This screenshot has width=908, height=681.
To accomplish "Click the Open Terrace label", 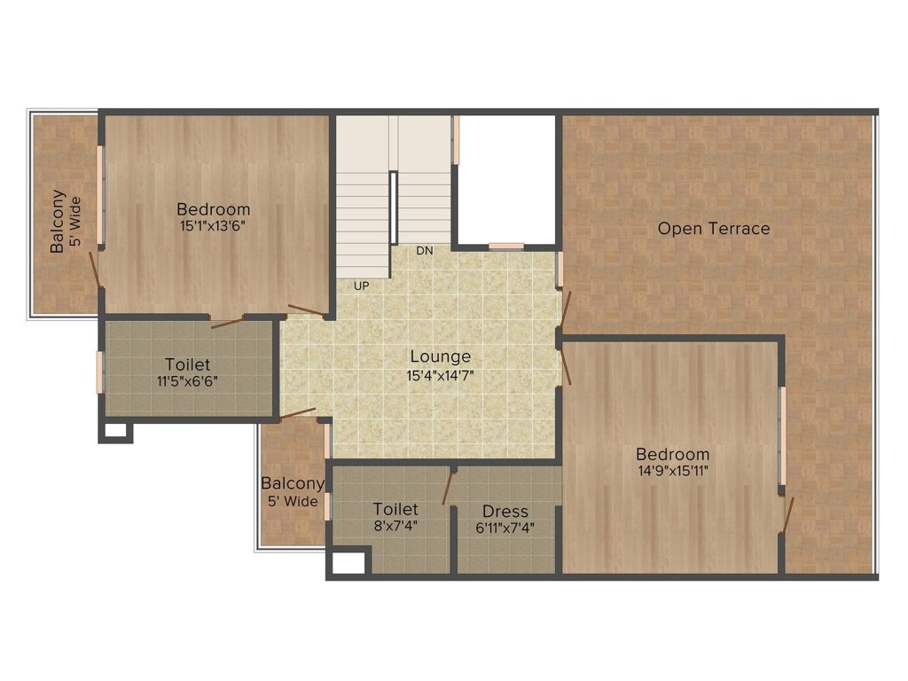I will [x=714, y=229].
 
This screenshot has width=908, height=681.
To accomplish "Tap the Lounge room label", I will [x=440, y=356].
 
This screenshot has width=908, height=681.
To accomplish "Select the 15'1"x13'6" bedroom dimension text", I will [x=213, y=225].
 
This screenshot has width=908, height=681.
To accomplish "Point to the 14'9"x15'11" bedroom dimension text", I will [x=672, y=470].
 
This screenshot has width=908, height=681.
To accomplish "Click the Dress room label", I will [x=505, y=512].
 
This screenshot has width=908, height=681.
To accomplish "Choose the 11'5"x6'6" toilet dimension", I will [x=187, y=381].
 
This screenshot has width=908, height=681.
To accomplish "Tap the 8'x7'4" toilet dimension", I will [x=395, y=525].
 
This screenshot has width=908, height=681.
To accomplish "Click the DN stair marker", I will [x=425, y=251].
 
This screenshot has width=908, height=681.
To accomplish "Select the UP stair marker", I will [x=361, y=286].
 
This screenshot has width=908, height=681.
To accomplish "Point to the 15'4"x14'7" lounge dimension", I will [x=440, y=374].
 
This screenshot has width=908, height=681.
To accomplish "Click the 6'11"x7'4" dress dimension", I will [x=505, y=527].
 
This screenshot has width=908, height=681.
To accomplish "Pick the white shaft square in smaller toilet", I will [x=347, y=562].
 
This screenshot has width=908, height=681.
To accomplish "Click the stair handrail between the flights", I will [x=393, y=206].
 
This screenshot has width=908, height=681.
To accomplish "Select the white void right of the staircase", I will [x=506, y=178].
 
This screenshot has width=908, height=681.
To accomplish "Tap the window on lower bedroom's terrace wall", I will [x=782, y=436].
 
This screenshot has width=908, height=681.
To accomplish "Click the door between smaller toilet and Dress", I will [x=449, y=487].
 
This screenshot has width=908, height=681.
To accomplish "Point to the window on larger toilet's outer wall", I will [x=100, y=372].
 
